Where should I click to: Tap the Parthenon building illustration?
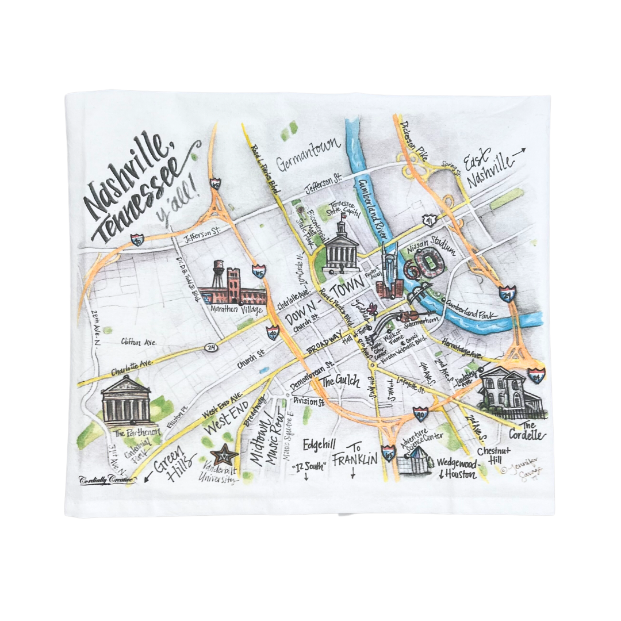(126, 400)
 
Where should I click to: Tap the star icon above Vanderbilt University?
(224, 457)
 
